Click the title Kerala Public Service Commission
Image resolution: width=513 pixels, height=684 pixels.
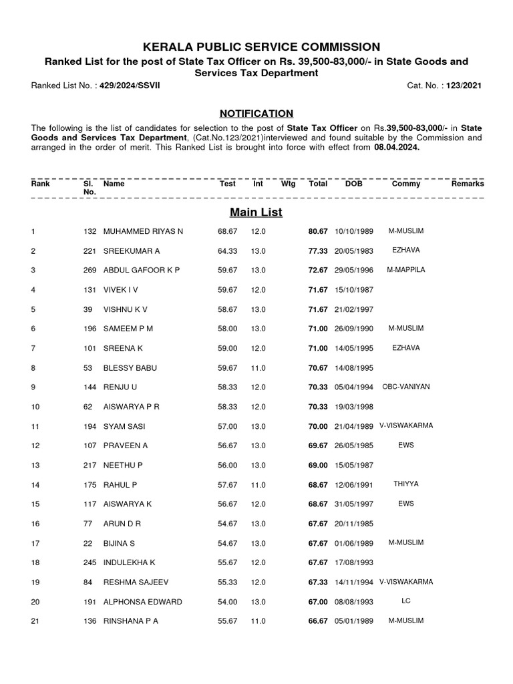256,47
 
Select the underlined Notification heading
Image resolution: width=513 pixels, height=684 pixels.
256,114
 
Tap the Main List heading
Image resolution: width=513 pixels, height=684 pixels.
256,212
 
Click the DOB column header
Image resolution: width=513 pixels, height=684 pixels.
353,183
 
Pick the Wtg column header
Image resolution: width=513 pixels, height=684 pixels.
288,183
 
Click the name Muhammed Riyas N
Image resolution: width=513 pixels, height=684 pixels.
143,231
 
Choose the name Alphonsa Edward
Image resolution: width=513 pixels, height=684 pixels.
142,602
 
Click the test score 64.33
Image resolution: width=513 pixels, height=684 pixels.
228,250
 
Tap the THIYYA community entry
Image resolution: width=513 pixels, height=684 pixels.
405,484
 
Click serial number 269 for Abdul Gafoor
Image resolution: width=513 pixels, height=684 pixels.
90,270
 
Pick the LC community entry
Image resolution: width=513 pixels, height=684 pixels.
405,601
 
